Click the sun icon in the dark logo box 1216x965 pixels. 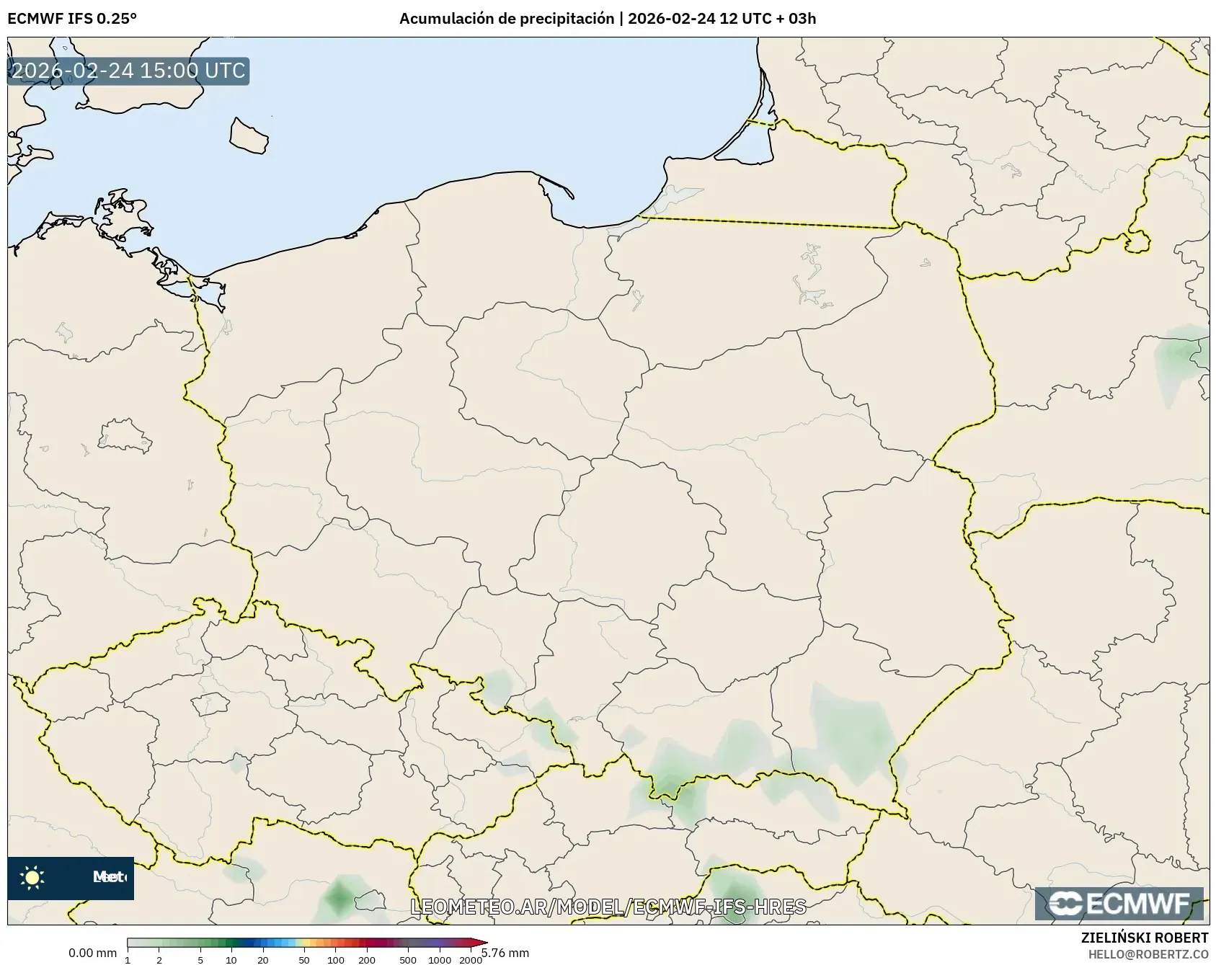tap(32, 877)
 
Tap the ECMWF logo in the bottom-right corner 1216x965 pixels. tap(1119, 904)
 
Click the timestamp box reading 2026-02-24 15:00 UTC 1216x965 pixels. tap(128, 71)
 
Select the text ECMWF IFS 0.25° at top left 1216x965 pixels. tap(72, 18)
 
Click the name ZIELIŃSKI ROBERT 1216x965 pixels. tap(1144, 938)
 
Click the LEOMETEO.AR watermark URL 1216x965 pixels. tap(608, 906)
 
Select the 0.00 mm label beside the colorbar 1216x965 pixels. tap(92, 953)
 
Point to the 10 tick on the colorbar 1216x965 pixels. tap(231, 959)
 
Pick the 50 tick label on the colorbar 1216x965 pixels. tap(304, 959)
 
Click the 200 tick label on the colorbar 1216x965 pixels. tap(367, 959)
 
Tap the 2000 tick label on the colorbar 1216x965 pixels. tap(470, 959)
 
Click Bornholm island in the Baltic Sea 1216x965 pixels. tap(249, 135)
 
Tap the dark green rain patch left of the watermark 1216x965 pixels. tap(338, 898)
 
